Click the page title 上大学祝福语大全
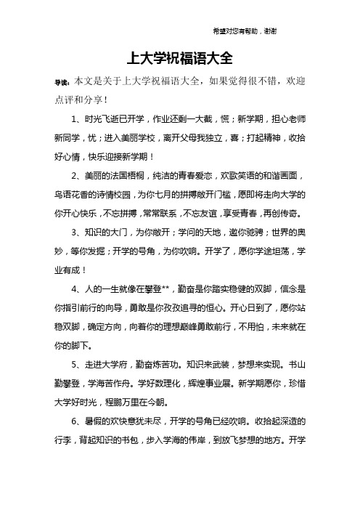pos(179,57)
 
